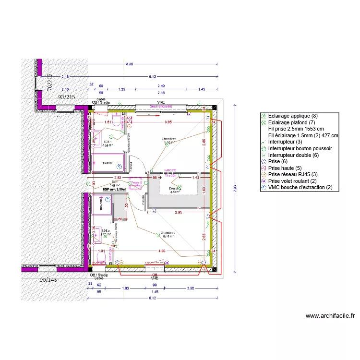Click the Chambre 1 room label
coord(169,140)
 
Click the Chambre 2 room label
coord(168,234)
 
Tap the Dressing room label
coord(175,189)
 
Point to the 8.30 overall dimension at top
coord(130,64)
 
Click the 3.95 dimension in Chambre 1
coord(168,122)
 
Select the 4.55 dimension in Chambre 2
coord(162,250)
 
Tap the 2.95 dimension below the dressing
coord(178,212)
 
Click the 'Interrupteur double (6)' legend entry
coord(293,155)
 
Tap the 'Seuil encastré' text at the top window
coord(160,106)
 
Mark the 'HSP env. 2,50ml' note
coord(115,190)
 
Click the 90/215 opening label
coord(67,97)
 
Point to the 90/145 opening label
coord(48,279)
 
